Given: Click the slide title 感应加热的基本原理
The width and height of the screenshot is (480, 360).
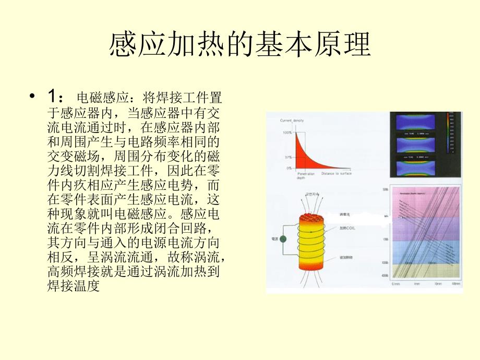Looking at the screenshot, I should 240,46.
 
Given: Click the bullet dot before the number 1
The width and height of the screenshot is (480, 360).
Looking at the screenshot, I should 33,97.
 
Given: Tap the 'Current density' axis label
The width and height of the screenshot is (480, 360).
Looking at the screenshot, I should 292,121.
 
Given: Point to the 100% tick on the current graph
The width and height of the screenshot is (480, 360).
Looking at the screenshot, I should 287,133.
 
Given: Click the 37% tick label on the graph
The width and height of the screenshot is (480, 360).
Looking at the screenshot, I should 288,157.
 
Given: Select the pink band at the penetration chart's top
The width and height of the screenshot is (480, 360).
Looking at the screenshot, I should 425,201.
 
